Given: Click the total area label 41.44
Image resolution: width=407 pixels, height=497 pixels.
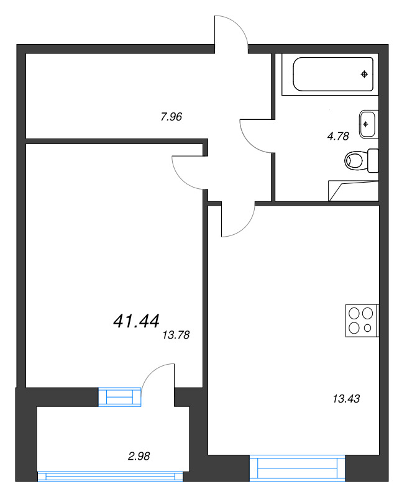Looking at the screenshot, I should [x=136, y=321].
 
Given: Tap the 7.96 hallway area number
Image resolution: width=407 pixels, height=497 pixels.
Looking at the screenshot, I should [x=170, y=116].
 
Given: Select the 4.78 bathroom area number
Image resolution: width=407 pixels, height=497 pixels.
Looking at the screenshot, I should [x=337, y=137].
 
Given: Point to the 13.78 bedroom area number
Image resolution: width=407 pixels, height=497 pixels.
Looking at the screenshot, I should [x=175, y=335].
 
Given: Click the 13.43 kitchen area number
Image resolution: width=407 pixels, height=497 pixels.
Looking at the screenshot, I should [x=346, y=398].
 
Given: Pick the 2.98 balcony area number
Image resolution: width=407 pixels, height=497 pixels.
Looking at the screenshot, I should [x=139, y=456].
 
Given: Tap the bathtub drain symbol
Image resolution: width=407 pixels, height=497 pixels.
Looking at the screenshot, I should [x=365, y=75].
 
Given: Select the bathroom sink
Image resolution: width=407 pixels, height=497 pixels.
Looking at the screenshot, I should [x=367, y=124].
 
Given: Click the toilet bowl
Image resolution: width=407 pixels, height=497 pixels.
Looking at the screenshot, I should [x=355, y=162].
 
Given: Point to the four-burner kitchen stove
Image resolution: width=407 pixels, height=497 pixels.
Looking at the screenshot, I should [x=362, y=321].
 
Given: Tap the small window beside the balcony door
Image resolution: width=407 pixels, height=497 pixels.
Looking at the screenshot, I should [x=121, y=397].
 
